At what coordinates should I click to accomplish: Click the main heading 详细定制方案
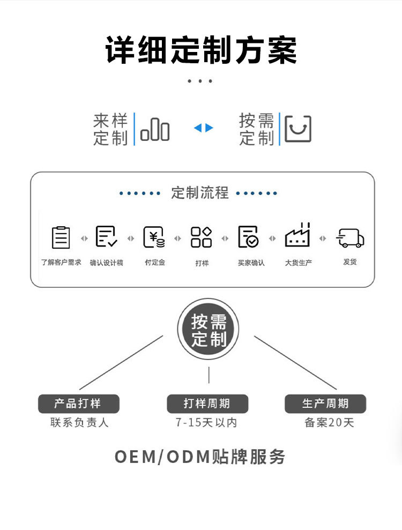[201, 50]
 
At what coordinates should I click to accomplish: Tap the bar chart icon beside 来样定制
[155, 130]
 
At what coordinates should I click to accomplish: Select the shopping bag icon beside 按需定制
[297, 129]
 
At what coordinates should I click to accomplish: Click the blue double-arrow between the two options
[204, 128]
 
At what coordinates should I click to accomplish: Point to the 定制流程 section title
[200, 193]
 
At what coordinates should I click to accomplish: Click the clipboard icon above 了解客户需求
[61, 237]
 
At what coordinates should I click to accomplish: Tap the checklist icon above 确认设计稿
[106, 237]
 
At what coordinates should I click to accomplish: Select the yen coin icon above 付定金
[154, 237]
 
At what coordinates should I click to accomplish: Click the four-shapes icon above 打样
[202, 237]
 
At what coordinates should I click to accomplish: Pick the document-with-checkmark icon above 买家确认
[248, 237]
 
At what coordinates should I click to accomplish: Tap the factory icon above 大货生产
[297, 236]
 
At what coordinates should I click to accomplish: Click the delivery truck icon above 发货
[350, 238]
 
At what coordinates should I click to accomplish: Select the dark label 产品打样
[78, 404]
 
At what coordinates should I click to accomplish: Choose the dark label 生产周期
[325, 404]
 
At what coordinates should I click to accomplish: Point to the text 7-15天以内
[206, 423]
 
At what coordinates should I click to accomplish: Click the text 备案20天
[329, 423]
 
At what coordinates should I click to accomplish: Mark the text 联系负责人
[79, 423]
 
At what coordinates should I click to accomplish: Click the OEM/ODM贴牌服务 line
[200, 457]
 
